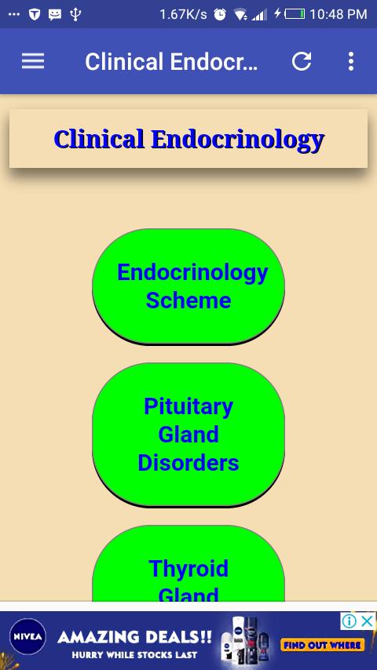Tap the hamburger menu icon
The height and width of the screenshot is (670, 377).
pyautogui.click(x=33, y=61)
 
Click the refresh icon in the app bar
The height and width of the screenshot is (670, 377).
pyautogui.click(x=302, y=61)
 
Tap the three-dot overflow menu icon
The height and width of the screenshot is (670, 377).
pyautogui.click(x=351, y=61)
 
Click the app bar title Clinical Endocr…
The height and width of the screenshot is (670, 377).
pyautogui.click(x=171, y=61)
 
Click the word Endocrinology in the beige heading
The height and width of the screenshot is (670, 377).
pyautogui.click(x=237, y=140)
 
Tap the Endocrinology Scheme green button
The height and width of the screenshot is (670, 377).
pyautogui.click(x=188, y=286)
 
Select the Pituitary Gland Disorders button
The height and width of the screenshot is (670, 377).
pyautogui.click(x=188, y=435)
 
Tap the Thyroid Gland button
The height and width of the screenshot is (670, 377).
pyautogui.click(x=188, y=563)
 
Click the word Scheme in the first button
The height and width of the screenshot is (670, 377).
pyautogui.click(x=188, y=300)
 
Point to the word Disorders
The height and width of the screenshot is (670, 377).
pyautogui.click(x=188, y=463)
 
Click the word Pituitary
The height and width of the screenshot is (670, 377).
pyautogui.click(x=188, y=406)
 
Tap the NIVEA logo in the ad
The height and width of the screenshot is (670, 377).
pyautogui.click(x=27, y=637)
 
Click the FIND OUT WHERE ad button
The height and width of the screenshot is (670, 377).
pyautogui.click(x=322, y=644)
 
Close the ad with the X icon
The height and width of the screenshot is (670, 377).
pyautogui.click(x=367, y=621)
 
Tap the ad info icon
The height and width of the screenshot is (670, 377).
pyautogui.click(x=350, y=621)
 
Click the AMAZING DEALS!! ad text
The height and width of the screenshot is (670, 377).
pyautogui.click(x=134, y=638)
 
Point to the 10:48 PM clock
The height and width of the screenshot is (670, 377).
pyautogui.click(x=338, y=14)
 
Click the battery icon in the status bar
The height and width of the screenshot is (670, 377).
pyautogui.click(x=295, y=14)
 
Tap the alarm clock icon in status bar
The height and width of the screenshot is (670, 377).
pyautogui.click(x=220, y=15)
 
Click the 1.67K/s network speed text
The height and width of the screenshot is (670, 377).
pyautogui.click(x=183, y=15)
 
